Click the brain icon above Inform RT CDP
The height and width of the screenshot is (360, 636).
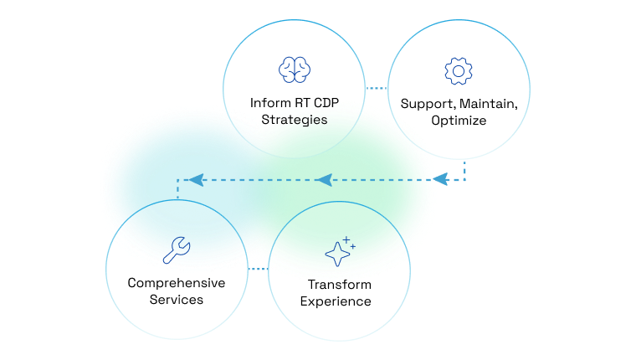pyautogui.click(x=294, y=69)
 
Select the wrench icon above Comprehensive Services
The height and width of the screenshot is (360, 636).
pyautogui.click(x=177, y=249)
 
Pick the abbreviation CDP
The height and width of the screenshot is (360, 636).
pyautogui.click(x=325, y=103)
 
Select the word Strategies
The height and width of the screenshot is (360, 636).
pyautogui.click(x=294, y=120)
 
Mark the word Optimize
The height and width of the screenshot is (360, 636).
pyautogui.click(x=459, y=121)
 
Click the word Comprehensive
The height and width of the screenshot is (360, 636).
pyautogui.click(x=177, y=282)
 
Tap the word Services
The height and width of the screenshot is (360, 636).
pyautogui.click(x=177, y=299)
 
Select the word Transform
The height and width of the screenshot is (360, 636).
pyautogui.click(x=339, y=285)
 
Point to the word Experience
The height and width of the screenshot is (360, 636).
pyautogui.click(x=339, y=301)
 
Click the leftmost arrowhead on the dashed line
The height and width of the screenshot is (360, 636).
pyautogui.click(x=196, y=179)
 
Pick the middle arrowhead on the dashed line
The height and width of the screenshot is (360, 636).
pyautogui.click(x=324, y=179)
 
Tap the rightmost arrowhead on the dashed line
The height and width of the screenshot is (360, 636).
pyautogui.click(x=441, y=179)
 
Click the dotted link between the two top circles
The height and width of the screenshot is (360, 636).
pyautogui.click(x=378, y=87)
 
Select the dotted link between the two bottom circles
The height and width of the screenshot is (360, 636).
pyautogui.click(x=258, y=269)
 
